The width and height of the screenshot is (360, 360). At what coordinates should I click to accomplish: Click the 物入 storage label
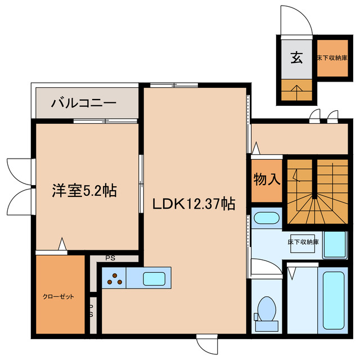tap(267, 180)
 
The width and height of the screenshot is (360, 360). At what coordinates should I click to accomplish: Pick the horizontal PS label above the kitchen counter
tap(111, 259)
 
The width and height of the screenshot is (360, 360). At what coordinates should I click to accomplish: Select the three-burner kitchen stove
tap(114, 278)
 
